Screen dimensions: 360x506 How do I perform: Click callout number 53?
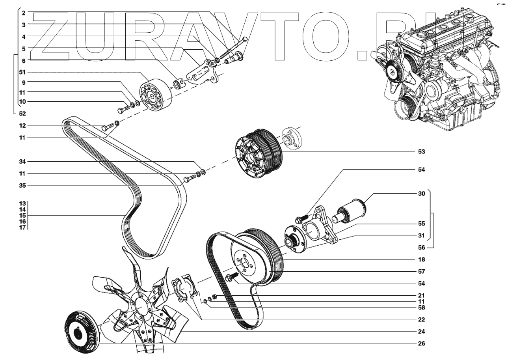tap(421, 151)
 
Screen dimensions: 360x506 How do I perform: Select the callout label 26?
tap(421, 343)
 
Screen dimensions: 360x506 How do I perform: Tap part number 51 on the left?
tap(23, 72)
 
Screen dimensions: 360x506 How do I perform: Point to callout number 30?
tap(421, 194)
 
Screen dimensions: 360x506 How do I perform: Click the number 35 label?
tap(23, 185)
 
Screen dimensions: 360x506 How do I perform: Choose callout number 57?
tap(421, 272)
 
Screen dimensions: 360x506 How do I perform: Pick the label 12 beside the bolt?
tap(23, 126)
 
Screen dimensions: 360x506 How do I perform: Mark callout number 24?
tap(421, 332)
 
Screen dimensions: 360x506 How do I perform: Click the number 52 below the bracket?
tap(23, 113)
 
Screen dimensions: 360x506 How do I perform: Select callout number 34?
tap(23, 162)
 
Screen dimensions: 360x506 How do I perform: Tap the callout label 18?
tap(421, 260)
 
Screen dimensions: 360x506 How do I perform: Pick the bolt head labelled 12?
tap(104, 128)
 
